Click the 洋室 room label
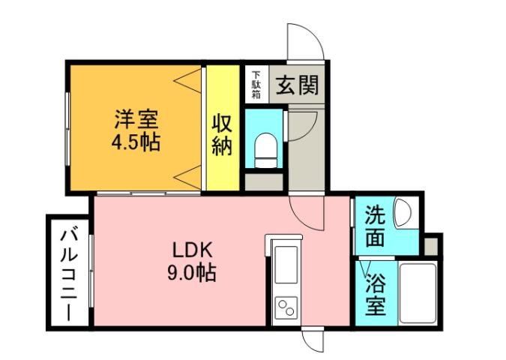(136, 118)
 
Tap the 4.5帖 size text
(136, 142)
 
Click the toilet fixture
(265, 147)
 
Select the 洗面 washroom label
(375, 227)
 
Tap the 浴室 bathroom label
(375, 294)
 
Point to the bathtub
(418, 292)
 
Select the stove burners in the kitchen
(286, 307)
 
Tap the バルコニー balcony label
(67, 274)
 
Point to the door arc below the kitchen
(313, 342)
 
